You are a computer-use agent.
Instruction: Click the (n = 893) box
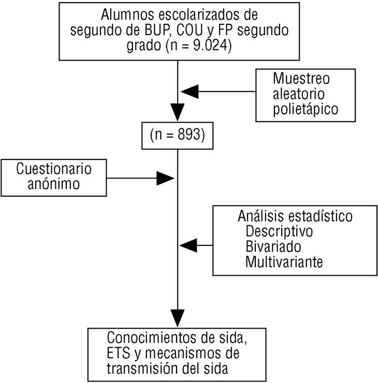pyautogui.click(x=178, y=136)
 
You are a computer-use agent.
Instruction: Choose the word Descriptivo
pyautogui.click(x=279, y=229)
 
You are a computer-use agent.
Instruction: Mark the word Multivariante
pyautogui.click(x=284, y=261)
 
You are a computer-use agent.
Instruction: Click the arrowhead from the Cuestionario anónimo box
pyautogui.click(x=166, y=178)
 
